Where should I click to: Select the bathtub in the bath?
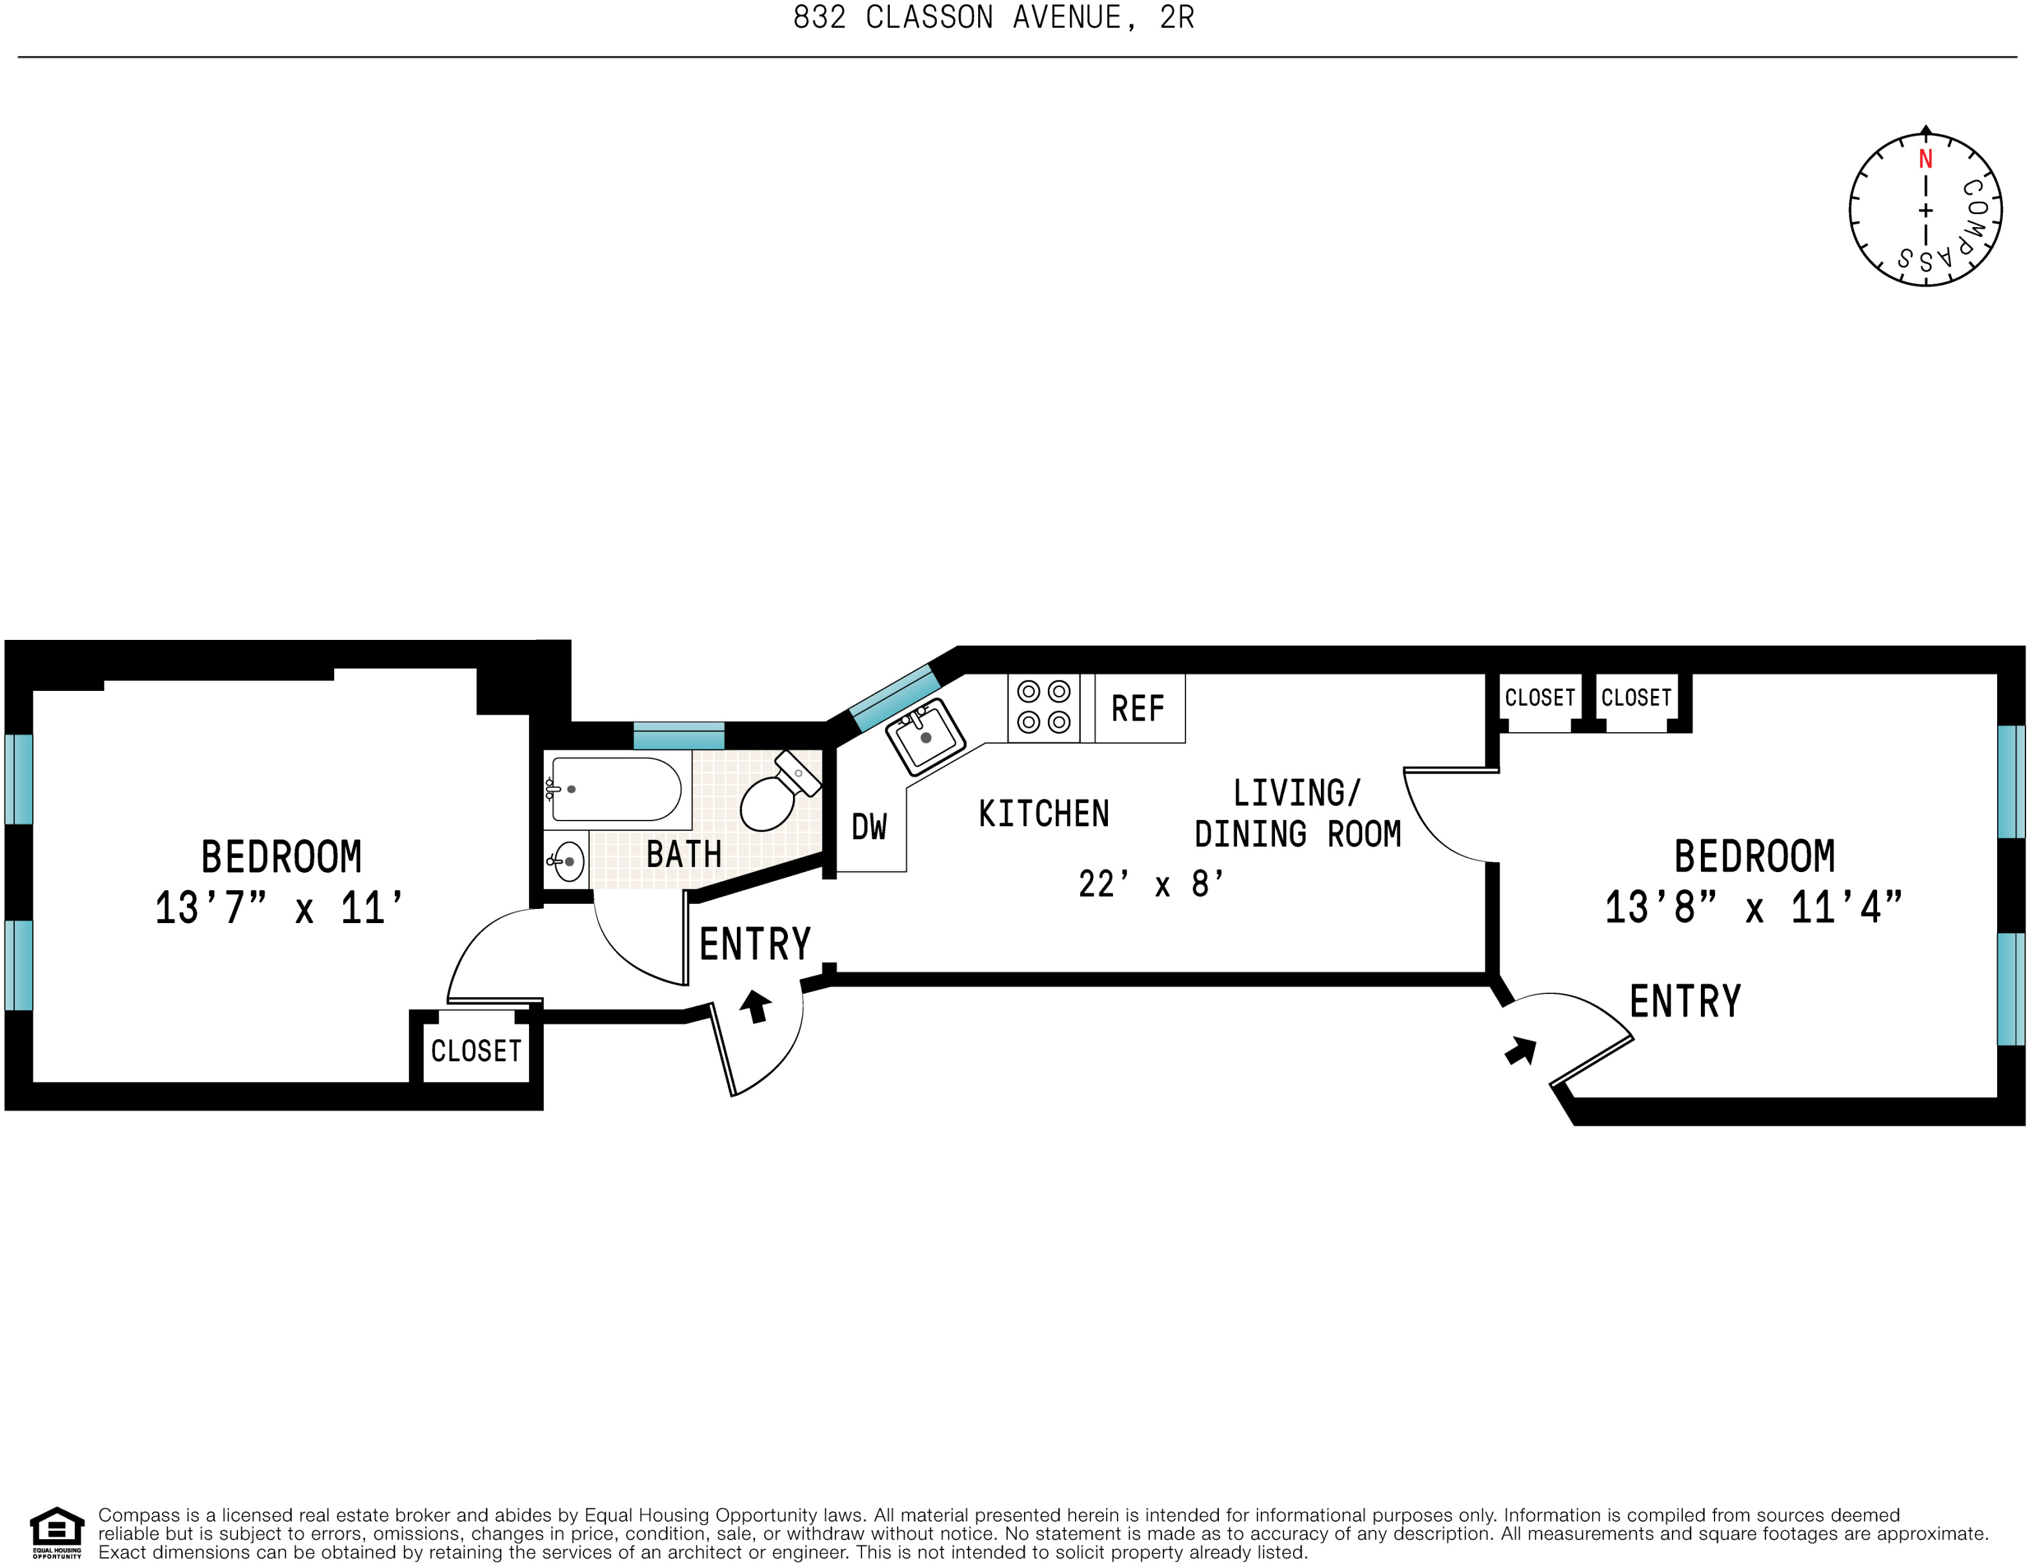(616, 789)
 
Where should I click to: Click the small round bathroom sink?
(568, 861)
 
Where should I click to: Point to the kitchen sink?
(925, 736)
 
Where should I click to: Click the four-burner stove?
(1043, 707)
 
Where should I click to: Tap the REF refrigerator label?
(1138, 709)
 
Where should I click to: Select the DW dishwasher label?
(869, 827)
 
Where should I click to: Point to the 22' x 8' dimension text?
(1151, 884)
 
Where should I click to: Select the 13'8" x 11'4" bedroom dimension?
(1754, 908)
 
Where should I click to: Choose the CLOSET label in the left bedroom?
(476, 1051)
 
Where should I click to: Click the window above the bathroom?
(679, 736)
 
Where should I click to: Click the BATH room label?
(684, 854)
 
